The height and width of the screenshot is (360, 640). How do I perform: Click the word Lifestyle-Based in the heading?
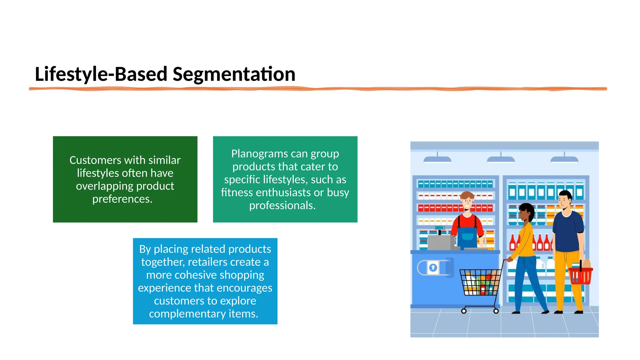pyautogui.click(x=101, y=74)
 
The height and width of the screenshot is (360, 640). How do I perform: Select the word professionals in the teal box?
pyautogui.click(x=282, y=205)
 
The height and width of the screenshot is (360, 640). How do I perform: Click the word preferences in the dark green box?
pyautogui.click(x=122, y=199)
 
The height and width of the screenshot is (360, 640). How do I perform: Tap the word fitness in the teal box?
pyautogui.click(x=237, y=192)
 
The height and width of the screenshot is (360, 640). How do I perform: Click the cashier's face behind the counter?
pyautogui.click(x=467, y=201)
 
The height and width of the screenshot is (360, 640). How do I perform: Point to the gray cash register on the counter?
pyautogui.click(x=441, y=242)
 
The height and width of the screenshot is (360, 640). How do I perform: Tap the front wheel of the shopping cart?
pyautogui.click(x=464, y=311)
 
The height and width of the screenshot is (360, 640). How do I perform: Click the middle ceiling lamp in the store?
pyautogui.click(x=501, y=159)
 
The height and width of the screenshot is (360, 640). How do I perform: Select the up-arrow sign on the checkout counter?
pyautogui.click(x=433, y=267)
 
